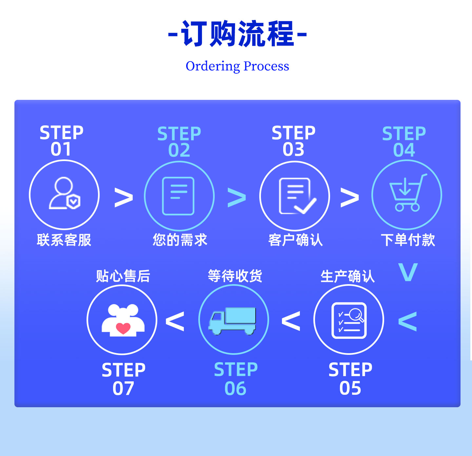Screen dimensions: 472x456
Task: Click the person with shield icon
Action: click(64, 193)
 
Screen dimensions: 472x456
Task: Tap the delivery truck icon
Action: click(232, 321)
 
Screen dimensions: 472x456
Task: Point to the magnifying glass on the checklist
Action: click(356, 315)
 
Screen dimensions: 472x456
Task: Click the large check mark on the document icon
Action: click(305, 206)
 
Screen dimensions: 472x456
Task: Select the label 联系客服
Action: click(64, 240)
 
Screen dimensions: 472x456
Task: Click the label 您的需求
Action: click(180, 240)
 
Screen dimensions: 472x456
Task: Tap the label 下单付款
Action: click(408, 240)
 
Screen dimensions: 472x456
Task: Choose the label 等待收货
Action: click(235, 276)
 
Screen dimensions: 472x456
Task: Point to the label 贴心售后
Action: click(123, 276)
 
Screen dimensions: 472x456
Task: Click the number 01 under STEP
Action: click(61, 149)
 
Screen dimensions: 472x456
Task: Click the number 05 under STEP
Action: click(350, 388)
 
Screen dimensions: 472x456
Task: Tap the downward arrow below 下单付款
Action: click(408, 272)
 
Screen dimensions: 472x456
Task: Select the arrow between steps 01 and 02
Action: click(124, 197)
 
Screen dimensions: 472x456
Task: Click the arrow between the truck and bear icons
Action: click(175, 321)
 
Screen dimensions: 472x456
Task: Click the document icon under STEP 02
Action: click(178, 196)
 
